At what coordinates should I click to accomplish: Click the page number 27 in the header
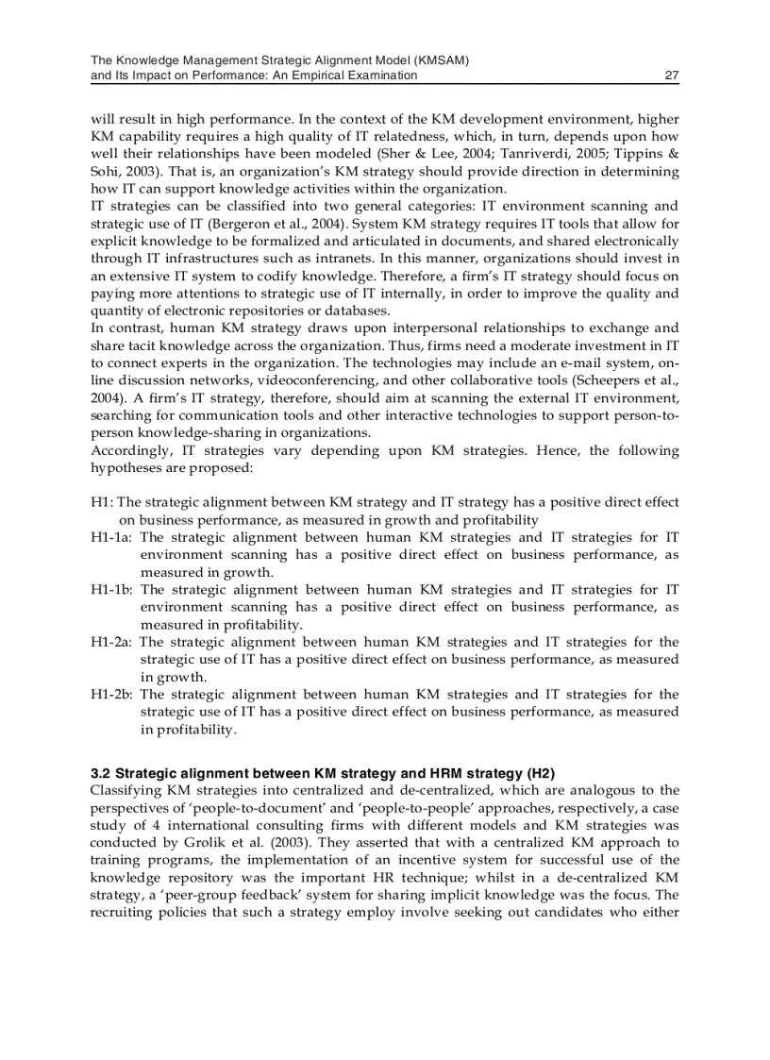[672, 76]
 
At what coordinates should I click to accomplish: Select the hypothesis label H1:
[102, 502]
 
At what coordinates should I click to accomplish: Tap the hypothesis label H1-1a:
[111, 537]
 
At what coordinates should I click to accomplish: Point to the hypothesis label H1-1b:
[111, 590]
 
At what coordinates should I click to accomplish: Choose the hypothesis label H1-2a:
[111, 642]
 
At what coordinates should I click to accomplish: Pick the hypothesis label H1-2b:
[111, 695]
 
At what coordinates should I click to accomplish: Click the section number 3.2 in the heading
[100, 773]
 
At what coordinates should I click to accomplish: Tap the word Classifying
[127, 790]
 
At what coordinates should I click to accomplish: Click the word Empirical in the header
[324, 76]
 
